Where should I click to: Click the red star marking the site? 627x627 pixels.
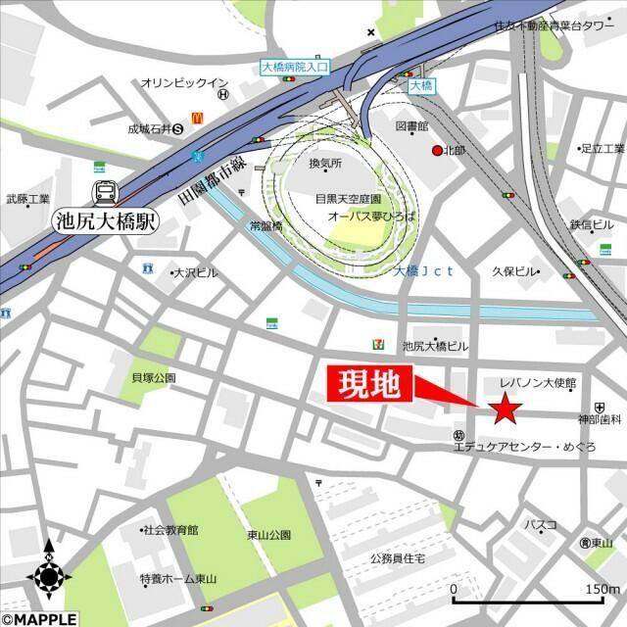click(x=506, y=409)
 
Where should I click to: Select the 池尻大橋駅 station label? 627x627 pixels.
click(x=105, y=222)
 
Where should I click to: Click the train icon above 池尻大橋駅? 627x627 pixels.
click(x=105, y=193)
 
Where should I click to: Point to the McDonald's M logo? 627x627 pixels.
click(x=196, y=117)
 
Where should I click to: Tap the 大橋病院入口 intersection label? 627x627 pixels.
click(x=296, y=68)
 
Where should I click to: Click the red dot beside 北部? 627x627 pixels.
click(x=437, y=150)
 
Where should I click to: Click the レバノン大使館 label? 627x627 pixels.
click(x=538, y=382)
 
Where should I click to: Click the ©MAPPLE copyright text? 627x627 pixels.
click(x=40, y=618)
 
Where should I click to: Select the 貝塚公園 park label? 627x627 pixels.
click(x=152, y=377)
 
